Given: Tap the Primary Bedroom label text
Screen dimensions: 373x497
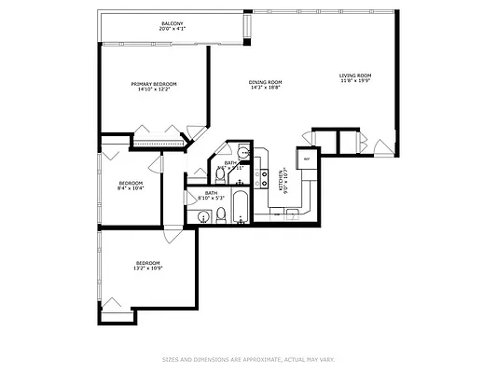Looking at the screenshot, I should (x=154, y=84).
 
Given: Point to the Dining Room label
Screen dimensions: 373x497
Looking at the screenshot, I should (x=265, y=82).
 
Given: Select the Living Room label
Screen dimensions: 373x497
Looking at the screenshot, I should (x=354, y=75).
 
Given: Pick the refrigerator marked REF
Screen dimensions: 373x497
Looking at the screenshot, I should (x=305, y=159).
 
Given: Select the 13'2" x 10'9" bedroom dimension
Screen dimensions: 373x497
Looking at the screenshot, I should (x=148, y=269).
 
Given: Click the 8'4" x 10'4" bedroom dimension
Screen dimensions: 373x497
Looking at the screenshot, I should (x=131, y=188).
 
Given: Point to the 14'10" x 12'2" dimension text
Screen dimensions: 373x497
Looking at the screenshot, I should (x=154, y=90).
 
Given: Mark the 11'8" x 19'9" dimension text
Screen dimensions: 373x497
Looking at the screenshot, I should (x=354, y=81).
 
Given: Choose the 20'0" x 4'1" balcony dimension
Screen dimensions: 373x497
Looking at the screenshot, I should (x=172, y=29).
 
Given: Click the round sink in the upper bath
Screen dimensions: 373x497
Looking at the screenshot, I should (x=242, y=154).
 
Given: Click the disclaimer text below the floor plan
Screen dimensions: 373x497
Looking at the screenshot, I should (x=248, y=359).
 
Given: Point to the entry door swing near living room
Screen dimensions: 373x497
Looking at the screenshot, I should (x=381, y=147).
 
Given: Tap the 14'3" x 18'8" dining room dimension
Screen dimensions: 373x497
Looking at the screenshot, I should (x=265, y=89).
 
